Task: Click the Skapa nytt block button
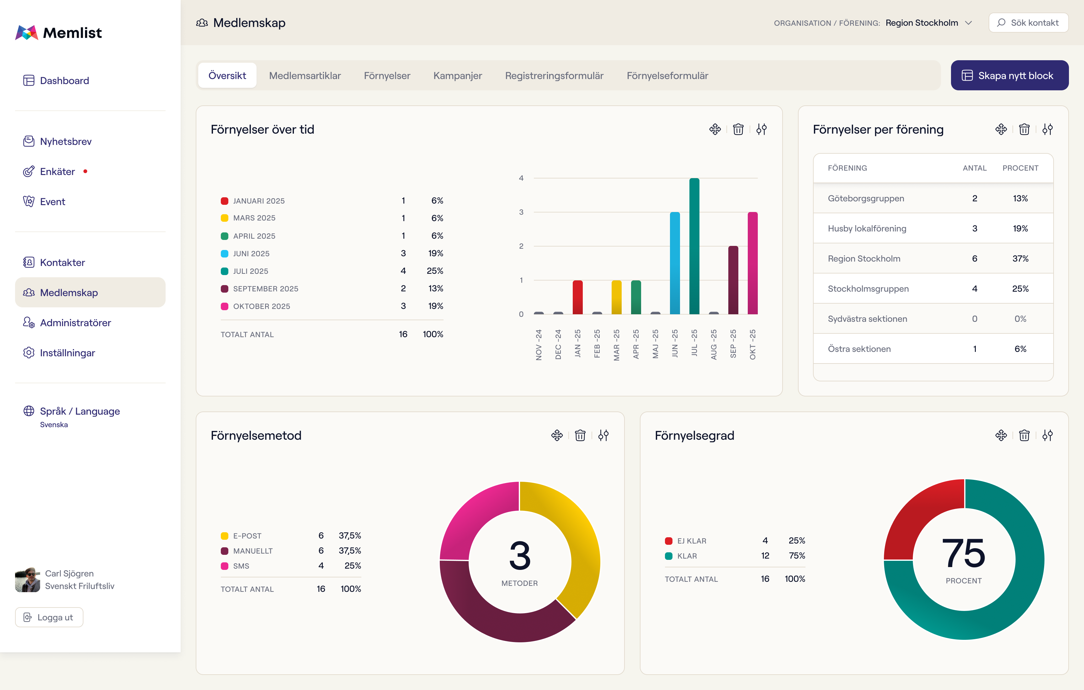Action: pos(1009,75)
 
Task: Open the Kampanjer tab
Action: pos(457,76)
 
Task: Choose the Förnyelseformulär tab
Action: pos(667,76)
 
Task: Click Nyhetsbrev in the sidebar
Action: pos(66,141)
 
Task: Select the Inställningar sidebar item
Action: pos(67,353)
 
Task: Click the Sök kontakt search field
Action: pos(1028,23)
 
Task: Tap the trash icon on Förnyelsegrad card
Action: pos(1024,435)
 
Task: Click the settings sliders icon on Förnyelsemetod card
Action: pos(603,435)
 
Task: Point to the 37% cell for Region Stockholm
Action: pos(1020,258)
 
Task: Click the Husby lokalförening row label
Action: pos(867,228)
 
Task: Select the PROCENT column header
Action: pos(1020,168)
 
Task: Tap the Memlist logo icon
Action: pos(27,32)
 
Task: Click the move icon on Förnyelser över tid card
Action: pos(715,129)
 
